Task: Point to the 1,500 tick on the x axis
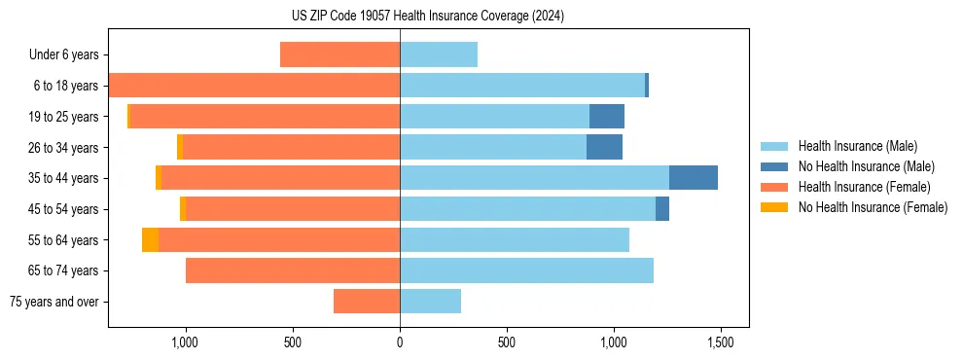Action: (720, 342)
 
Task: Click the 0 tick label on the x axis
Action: (400, 342)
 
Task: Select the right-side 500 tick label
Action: (506, 342)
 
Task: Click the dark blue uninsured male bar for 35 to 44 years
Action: (694, 178)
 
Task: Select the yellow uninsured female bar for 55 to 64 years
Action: (150, 239)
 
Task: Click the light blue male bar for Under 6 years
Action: (439, 54)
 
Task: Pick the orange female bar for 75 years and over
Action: (367, 302)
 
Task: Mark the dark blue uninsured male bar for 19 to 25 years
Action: (607, 117)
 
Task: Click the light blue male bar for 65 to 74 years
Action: (526, 270)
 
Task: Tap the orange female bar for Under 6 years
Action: (339, 54)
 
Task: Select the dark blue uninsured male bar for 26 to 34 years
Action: (604, 147)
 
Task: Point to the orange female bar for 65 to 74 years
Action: (293, 270)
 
